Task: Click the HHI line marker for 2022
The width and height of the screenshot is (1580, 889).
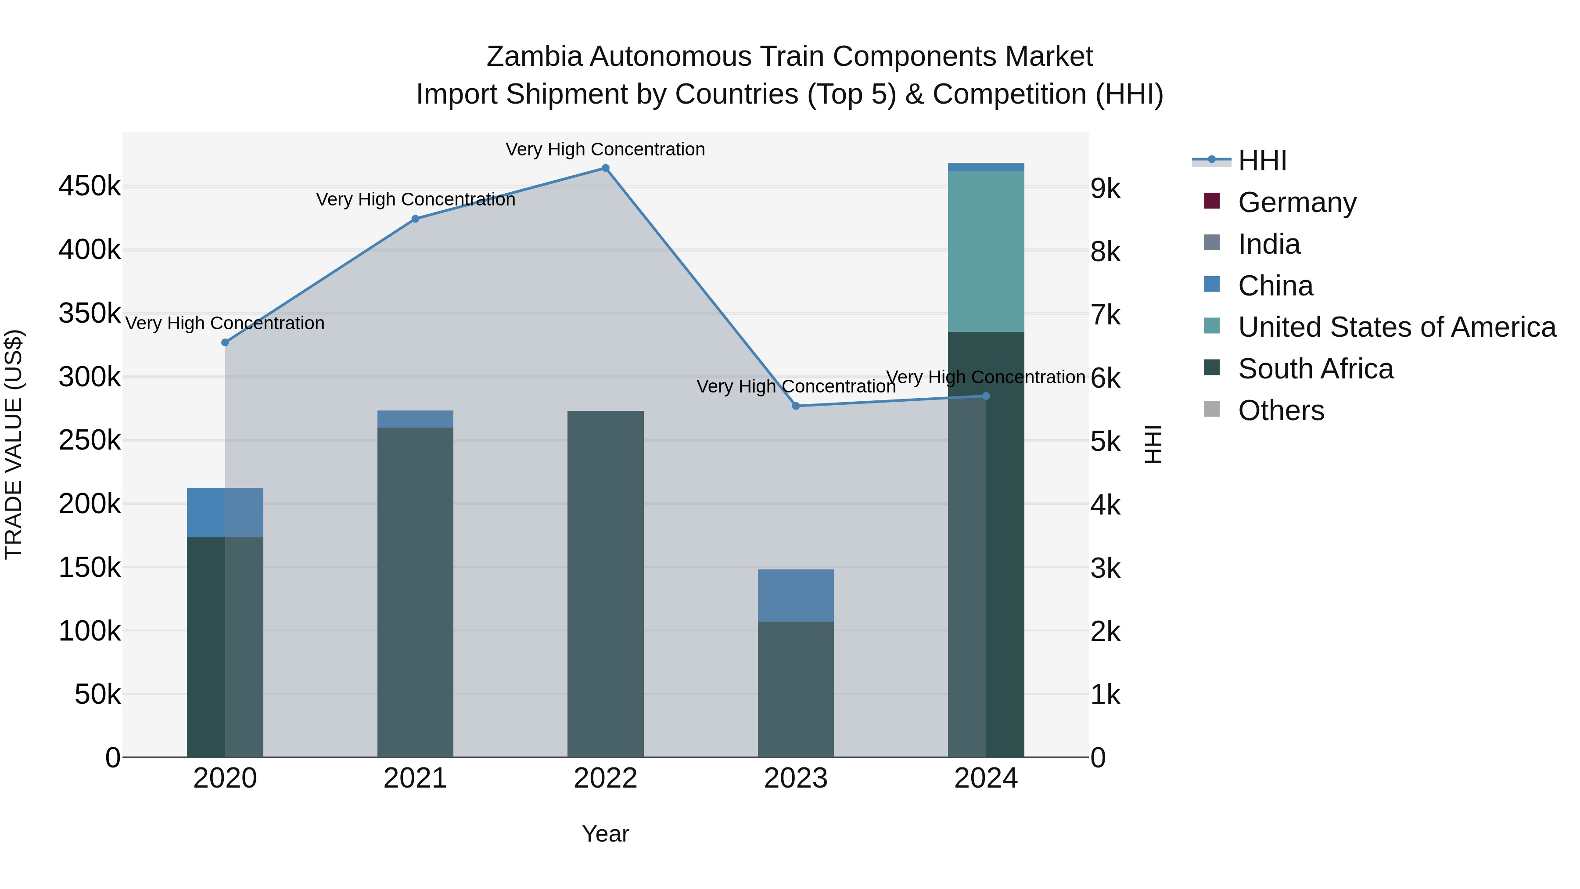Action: (605, 168)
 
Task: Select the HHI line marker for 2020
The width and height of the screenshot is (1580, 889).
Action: (225, 342)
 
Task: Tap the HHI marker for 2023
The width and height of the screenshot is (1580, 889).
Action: (796, 406)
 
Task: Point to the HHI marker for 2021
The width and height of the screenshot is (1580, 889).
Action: (415, 219)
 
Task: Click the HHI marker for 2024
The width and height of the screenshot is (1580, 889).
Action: (986, 396)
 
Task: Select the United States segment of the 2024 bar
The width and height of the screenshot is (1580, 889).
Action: (986, 252)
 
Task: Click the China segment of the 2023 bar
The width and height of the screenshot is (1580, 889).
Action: (796, 595)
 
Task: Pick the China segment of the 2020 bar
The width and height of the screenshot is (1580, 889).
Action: (225, 512)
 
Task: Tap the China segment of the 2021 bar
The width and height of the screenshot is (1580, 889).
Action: (415, 419)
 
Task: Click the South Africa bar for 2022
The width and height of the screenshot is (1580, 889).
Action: (605, 583)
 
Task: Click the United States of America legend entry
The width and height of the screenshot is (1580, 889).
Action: (1397, 327)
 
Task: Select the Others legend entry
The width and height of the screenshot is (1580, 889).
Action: (1281, 410)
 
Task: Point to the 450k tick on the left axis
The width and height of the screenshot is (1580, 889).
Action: (90, 186)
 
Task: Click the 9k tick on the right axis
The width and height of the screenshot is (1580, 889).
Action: (1105, 189)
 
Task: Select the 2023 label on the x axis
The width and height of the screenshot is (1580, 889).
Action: (796, 778)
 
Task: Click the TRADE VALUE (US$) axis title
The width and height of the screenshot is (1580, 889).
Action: (14, 444)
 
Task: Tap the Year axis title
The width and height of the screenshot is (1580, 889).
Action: (605, 834)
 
